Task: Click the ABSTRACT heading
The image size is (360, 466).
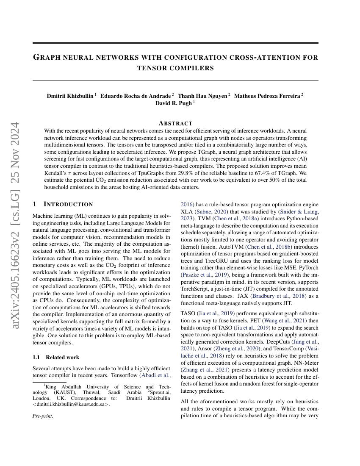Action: click(x=175, y=123)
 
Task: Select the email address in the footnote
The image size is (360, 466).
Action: click(x=71, y=404)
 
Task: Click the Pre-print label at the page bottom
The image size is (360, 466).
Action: click(x=43, y=416)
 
